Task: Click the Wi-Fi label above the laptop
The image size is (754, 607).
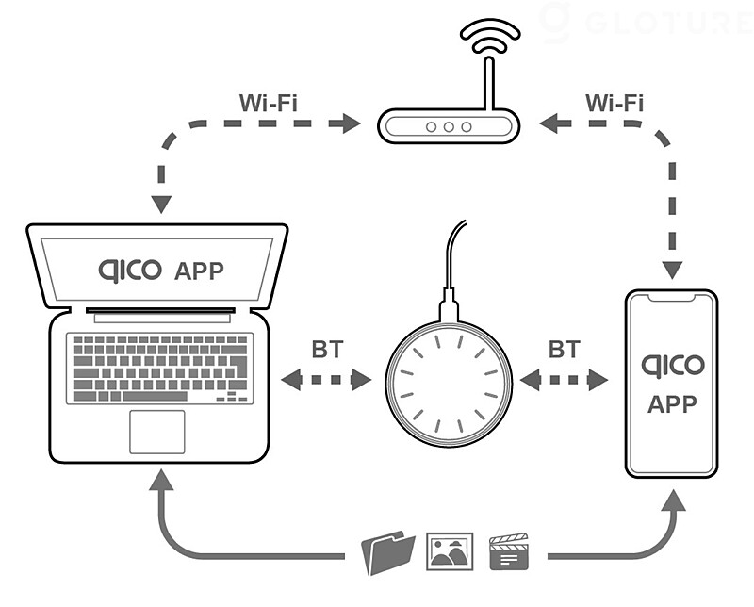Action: tap(269, 103)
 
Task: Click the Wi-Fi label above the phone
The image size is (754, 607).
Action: tap(615, 103)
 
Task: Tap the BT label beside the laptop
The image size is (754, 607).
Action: tap(327, 350)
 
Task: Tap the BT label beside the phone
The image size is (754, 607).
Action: tap(565, 350)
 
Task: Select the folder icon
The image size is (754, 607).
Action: tap(388, 552)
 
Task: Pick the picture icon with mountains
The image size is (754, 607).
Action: tap(451, 551)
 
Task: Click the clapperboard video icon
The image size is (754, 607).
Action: tap(509, 551)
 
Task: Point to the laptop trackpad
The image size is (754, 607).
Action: tap(157, 432)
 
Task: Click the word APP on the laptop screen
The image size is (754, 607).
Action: tap(199, 271)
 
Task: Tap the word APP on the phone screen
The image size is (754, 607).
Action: tap(672, 404)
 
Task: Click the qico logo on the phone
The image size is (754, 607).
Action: tap(672, 367)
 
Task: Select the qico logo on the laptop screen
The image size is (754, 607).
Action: tap(130, 271)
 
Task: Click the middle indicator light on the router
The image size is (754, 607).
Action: tap(449, 127)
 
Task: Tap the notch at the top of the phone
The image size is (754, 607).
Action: tap(671, 298)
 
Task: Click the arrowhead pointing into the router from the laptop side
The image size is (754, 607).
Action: tap(352, 123)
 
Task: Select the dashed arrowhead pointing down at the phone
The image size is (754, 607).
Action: tap(672, 271)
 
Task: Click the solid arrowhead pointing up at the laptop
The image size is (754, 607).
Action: tap(161, 480)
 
